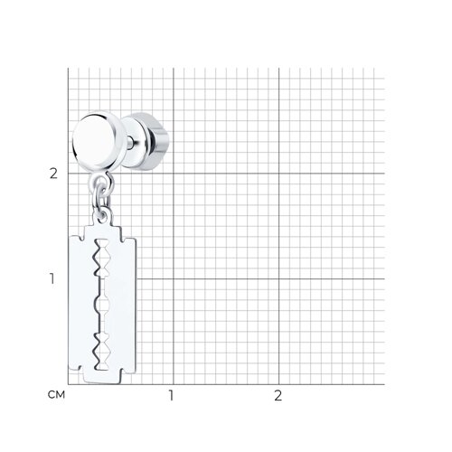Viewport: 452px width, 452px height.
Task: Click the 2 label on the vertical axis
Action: [53, 174]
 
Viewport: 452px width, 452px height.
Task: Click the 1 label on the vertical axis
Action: [52, 278]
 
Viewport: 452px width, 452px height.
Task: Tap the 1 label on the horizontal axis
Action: [171, 395]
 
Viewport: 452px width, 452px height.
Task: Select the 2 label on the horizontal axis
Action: [278, 395]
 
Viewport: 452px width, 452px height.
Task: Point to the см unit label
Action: [56, 394]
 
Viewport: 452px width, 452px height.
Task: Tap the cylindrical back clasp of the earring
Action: [151, 142]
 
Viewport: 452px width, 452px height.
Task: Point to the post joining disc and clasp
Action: [130, 141]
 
